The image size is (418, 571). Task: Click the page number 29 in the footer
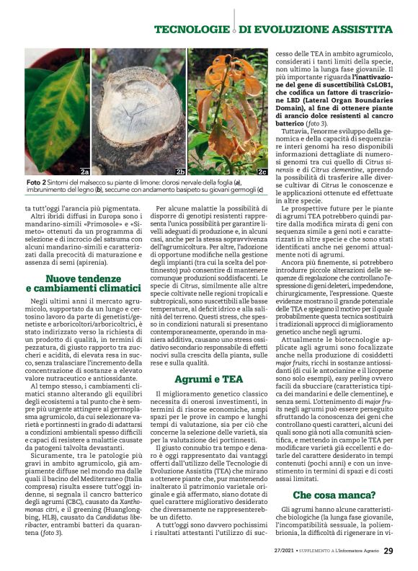click(388, 551)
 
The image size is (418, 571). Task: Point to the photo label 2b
click(180, 172)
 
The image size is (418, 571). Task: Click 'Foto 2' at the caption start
click(37, 182)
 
